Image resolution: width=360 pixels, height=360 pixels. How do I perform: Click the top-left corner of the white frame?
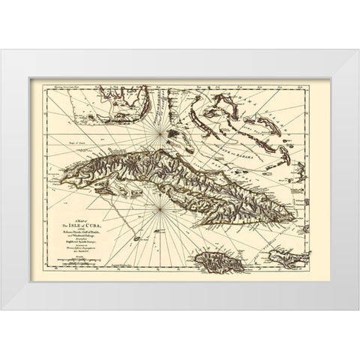pyautogui.click(x=3, y=51)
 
